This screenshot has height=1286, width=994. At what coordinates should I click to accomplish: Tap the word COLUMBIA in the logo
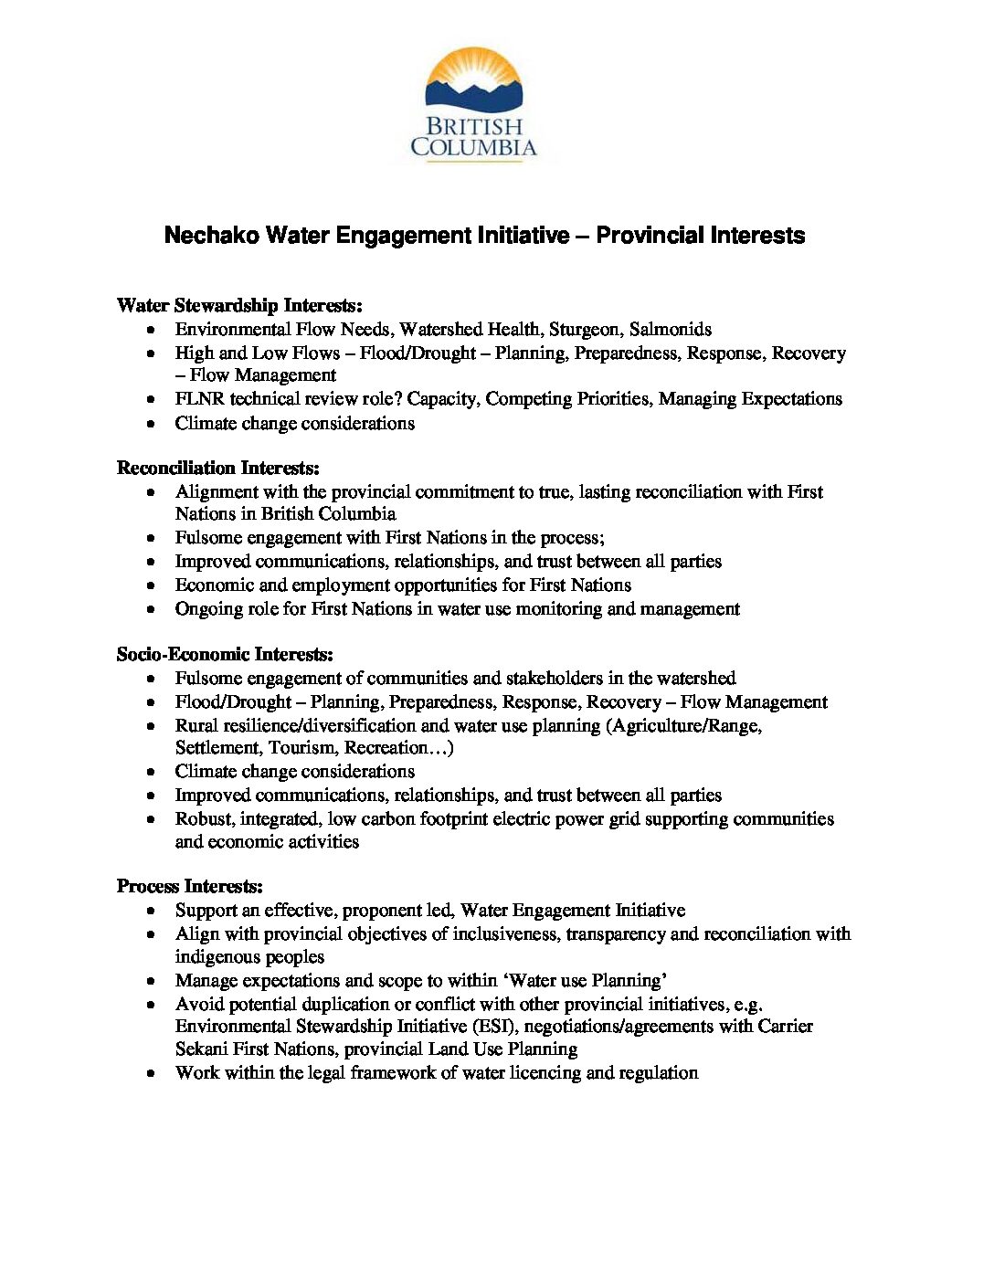(x=473, y=147)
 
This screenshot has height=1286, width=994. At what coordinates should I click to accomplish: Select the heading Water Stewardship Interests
(x=239, y=305)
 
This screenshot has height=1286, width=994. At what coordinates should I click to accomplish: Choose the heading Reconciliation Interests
(x=217, y=468)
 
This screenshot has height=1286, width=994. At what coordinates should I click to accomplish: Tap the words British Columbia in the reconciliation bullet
(x=329, y=513)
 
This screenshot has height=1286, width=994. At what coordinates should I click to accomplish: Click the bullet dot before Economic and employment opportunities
(x=152, y=585)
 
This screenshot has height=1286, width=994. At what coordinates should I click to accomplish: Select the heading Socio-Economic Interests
(x=225, y=654)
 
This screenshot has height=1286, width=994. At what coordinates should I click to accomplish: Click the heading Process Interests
(x=189, y=886)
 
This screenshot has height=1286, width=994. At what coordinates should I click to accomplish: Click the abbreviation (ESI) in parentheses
(x=495, y=1026)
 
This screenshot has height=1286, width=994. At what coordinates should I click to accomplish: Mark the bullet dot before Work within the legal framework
(x=152, y=1073)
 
